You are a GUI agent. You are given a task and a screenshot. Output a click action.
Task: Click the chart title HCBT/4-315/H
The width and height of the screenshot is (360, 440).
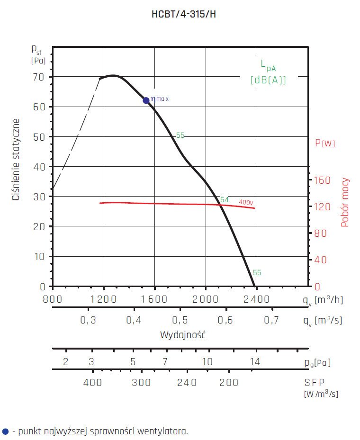184,14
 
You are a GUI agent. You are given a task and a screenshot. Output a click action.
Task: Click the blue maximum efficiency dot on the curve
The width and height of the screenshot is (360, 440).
146,100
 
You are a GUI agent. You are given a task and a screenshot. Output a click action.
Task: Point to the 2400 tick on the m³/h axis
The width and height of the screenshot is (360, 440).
256,299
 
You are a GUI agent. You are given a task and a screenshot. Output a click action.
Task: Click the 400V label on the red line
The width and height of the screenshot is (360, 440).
246,202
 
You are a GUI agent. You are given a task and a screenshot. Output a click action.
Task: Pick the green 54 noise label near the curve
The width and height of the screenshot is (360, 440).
225,200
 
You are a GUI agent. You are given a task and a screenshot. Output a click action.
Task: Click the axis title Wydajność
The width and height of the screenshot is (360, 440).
182,335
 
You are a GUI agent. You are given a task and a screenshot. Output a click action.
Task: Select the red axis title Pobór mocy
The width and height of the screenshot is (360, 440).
345,202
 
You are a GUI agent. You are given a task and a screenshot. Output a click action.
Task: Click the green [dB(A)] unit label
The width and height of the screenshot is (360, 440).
268,80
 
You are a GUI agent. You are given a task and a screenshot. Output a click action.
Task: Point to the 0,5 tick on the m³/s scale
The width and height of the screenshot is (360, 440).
180,320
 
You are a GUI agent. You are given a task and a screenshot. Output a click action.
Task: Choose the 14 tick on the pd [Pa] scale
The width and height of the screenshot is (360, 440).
255,362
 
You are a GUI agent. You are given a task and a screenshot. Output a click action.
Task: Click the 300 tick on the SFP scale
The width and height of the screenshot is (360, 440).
141,383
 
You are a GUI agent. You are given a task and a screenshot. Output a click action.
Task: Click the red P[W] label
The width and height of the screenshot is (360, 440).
325,143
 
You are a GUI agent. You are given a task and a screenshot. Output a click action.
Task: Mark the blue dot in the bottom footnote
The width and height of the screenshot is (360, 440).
5,431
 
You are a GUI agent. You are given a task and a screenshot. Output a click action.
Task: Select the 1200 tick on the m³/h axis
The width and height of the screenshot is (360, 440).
103,299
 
